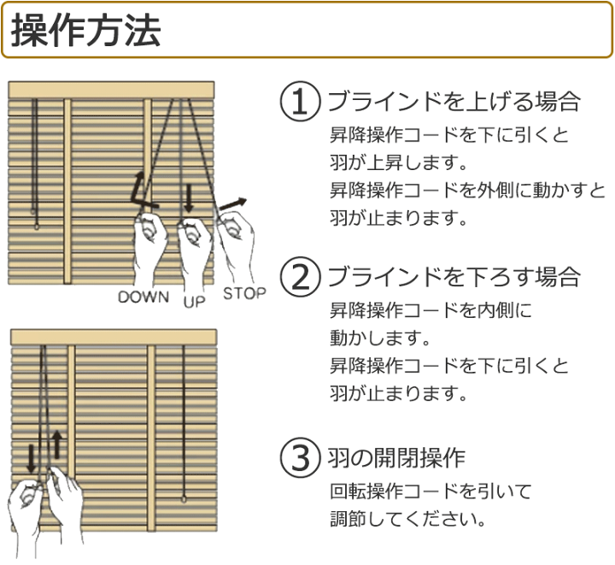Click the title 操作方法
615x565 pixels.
coord(85,32)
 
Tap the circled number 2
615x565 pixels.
coord(300,278)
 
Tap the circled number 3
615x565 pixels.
coord(300,458)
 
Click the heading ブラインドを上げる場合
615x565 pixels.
coord(454,103)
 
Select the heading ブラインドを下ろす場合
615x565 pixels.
coord(454,278)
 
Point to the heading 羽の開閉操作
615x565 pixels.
coord(396,458)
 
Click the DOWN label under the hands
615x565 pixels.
coord(144,297)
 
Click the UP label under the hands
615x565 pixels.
coord(194,301)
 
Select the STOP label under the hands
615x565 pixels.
coord(244,293)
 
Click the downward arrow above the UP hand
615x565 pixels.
coord(189,198)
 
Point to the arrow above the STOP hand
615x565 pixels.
coord(231,204)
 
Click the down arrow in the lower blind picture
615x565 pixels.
coord(32,456)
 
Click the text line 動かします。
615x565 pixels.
coord(378,338)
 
